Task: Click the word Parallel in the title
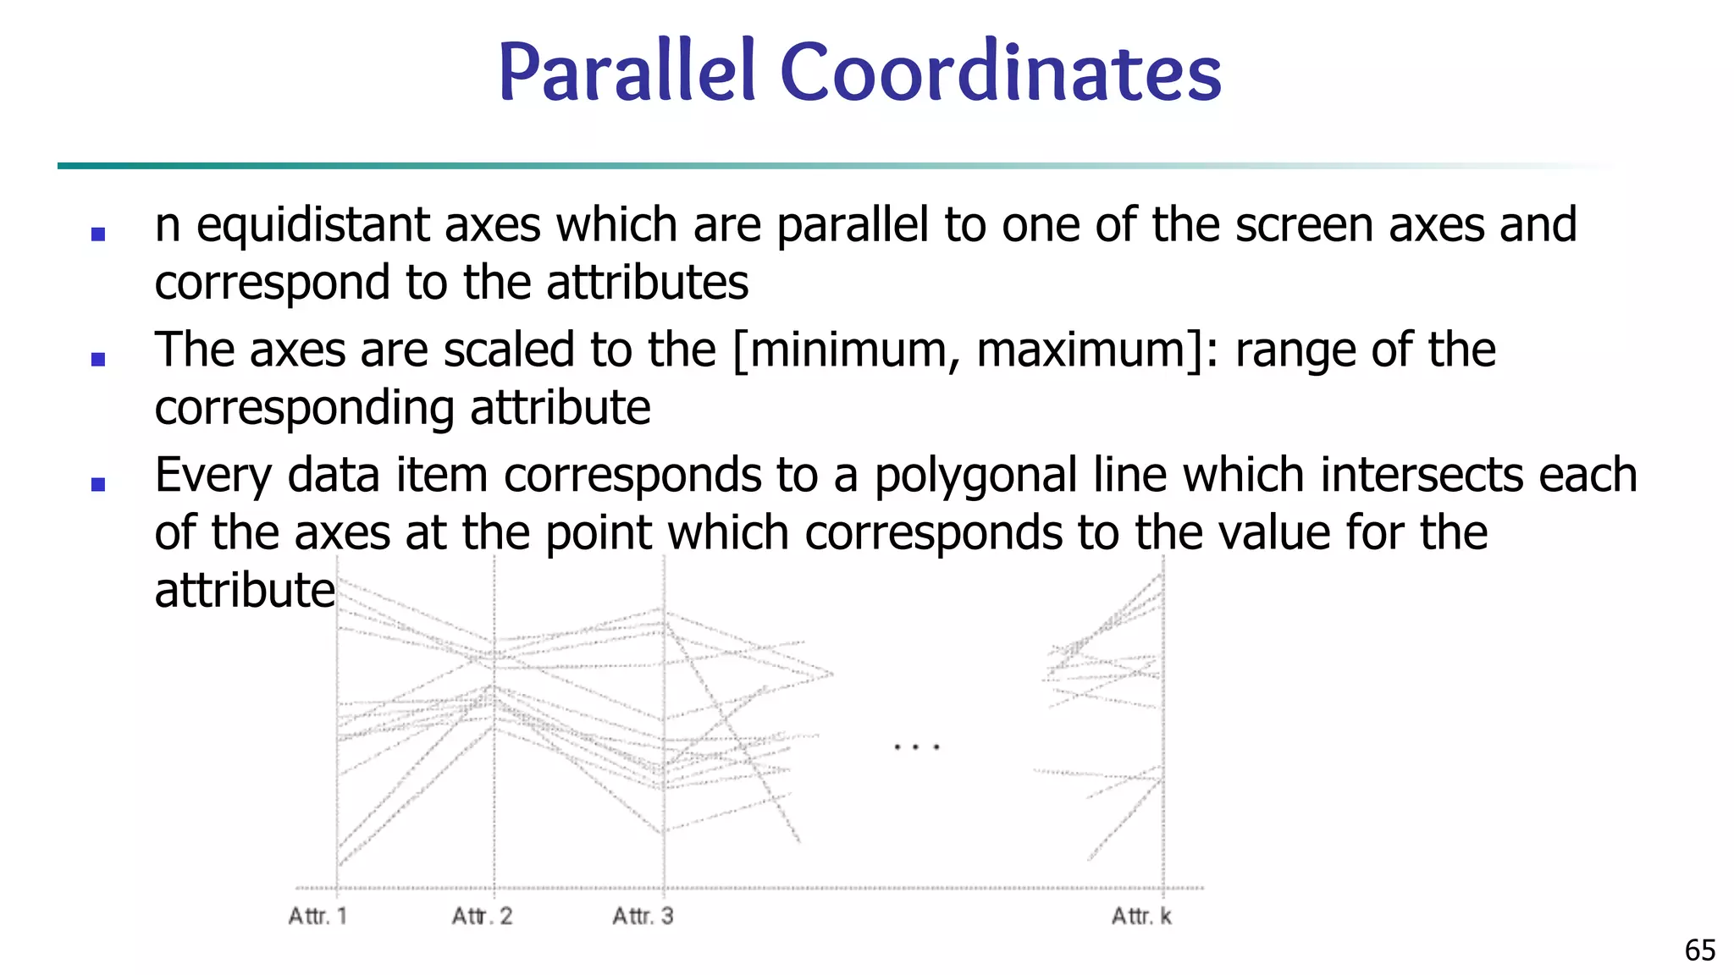pyautogui.click(x=627, y=73)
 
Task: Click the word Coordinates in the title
pyautogui.click(x=1001, y=73)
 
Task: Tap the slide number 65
pyautogui.click(x=1700, y=950)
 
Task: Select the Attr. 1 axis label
pyautogui.click(x=318, y=916)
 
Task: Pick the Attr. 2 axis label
pyautogui.click(x=482, y=916)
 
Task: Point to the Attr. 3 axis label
pyautogui.click(x=643, y=916)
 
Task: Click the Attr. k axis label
pyautogui.click(x=1141, y=916)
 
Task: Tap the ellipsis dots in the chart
pyautogui.click(x=917, y=747)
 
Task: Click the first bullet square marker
pyautogui.click(x=98, y=234)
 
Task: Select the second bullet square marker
pyautogui.click(x=98, y=359)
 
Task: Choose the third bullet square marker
pyautogui.click(x=98, y=484)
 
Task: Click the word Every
pyautogui.click(x=213, y=476)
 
